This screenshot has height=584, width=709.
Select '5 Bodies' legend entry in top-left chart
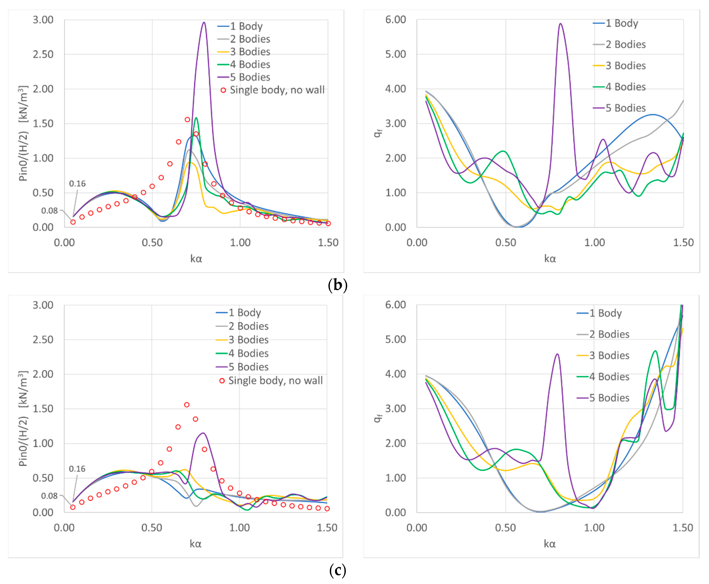(x=250, y=77)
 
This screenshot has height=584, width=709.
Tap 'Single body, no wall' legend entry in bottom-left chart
(x=275, y=381)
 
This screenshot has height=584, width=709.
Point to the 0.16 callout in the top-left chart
(x=77, y=184)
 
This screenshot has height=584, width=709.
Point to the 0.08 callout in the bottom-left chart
(x=49, y=496)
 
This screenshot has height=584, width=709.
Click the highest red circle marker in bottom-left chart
(x=187, y=405)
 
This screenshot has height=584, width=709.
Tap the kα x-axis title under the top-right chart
(x=550, y=259)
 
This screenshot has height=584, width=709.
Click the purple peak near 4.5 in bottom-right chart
(x=557, y=354)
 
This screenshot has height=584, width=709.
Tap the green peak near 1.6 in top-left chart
(x=196, y=118)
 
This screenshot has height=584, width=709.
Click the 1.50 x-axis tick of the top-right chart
(x=683, y=242)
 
